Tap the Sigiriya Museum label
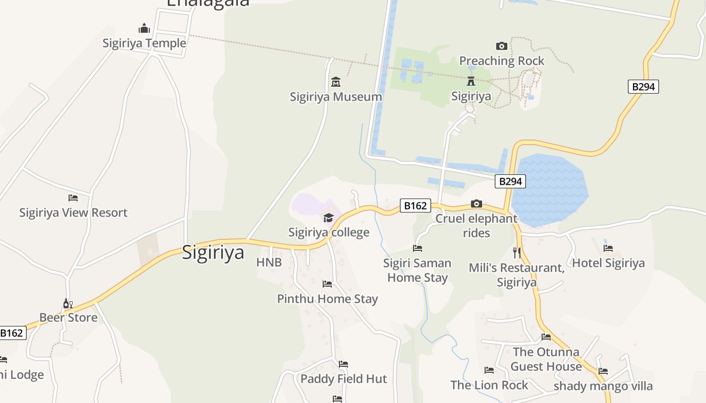click(x=336, y=97)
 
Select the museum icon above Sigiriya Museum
click(x=336, y=82)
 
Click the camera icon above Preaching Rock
click(x=502, y=46)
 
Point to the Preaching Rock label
click(x=502, y=61)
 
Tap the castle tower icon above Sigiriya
click(x=471, y=81)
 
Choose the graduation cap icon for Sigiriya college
click(x=329, y=218)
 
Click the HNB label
click(x=269, y=262)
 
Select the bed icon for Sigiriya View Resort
click(x=73, y=198)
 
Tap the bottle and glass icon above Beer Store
click(x=68, y=303)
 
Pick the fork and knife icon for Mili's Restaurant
click(x=516, y=252)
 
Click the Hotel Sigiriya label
click(x=608, y=263)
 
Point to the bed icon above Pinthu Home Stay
click(x=327, y=284)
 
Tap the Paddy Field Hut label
click(x=343, y=379)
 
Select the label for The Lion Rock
click(x=489, y=385)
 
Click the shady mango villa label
click(x=603, y=386)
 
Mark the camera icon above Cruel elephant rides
click(x=477, y=204)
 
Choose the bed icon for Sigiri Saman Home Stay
click(x=418, y=248)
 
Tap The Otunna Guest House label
click(x=546, y=359)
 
